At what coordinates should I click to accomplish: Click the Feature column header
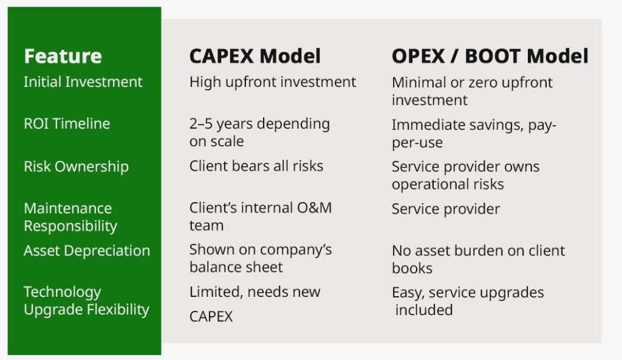(x=63, y=56)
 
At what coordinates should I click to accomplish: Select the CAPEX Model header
(x=255, y=56)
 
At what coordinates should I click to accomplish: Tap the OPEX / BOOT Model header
(x=490, y=56)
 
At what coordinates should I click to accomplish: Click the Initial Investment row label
(x=83, y=82)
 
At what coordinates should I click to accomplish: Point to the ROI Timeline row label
(x=67, y=124)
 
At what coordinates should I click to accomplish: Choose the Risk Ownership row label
(x=76, y=166)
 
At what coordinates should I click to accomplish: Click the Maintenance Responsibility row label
(x=70, y=217)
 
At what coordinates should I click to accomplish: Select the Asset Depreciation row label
(x=87, y=251)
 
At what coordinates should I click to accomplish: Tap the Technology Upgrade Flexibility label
(x=86, y=301)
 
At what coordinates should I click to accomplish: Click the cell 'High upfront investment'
(x=273, y=82)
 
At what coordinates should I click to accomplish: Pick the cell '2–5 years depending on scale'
(x=259, y=132)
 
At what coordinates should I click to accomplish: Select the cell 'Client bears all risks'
(x=256, y=166)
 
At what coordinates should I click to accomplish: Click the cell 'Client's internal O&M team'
(x=261, y=216)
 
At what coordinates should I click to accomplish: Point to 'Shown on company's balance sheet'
(x=261, y=258)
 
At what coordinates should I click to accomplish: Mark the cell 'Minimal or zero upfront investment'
(x=472, y=91)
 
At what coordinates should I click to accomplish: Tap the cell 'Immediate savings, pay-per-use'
(x=474, y=134)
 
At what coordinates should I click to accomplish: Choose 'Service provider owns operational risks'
(x=465, y=175)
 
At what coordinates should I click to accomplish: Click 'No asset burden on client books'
(x=478, y=259)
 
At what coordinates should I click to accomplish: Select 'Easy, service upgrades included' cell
(x=468, y=301)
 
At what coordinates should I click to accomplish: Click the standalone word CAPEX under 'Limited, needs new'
(x=211, y=317)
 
